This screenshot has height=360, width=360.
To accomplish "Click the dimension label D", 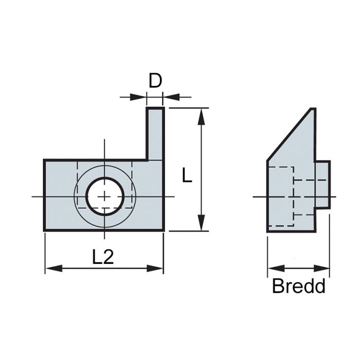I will coord(155,81).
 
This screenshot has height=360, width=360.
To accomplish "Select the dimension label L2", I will coord(103,257).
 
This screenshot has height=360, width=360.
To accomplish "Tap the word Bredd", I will coord(298,286).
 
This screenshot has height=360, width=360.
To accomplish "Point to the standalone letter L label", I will coord(187,176).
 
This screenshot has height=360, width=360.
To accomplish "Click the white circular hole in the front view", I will coord(105,196).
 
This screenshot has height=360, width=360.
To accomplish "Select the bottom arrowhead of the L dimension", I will coord(202,225).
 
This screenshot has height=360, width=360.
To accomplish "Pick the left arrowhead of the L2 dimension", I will coord(51,268).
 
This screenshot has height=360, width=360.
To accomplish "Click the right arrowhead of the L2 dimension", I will coord(157,268).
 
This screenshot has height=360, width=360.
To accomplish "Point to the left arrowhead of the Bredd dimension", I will coord(274,268).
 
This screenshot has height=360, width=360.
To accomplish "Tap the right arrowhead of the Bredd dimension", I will coord(323,268).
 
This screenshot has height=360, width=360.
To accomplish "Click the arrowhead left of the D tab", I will coord(140,97).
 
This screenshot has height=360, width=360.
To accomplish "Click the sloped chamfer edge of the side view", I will coord(289,135).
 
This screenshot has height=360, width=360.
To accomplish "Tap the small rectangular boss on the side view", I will coord(322,185).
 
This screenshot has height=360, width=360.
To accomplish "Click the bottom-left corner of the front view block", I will coord(44,230).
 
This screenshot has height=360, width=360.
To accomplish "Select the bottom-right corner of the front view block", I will coord(164,230).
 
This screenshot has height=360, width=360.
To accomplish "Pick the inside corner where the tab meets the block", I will coord(147,160).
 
